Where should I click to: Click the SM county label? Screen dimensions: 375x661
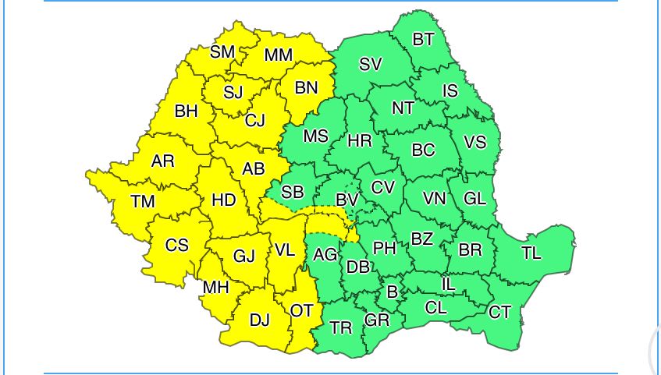pyautogui.click(x=222, y=52)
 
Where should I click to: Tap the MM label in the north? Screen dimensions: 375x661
pyautogui.click(x=279, y=55)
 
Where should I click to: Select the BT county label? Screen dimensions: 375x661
pyautogui.click(x=423, y=40)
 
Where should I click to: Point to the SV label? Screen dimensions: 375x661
pyautogui.click(x=371, y=65)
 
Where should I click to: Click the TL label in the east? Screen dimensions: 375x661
pyautogui.click(x=531, y=253)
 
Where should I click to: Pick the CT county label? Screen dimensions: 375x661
pyautogui.click(x=500, y=313)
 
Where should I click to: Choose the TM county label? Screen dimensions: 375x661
pyautogui.click(x=143, y=202)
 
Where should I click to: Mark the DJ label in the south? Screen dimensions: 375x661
pyautogui.click(x=259, y=319)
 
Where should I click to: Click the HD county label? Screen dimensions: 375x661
pyautogui.click(x=224, y=200)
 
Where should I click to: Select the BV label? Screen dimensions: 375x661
pyautogui.click(x=347, y=200)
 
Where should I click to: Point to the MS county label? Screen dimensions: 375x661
pyautogui.click(x=316, y=136)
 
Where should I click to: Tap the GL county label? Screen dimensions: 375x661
pyautogui.click(x=475, y=198)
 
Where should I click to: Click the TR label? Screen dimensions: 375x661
pyautogui.click(x=341, y=328)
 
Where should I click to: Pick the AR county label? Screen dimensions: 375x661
pyautogui.click(x=162, y=161)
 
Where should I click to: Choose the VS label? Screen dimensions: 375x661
pyautogui.click(x=474, y=143)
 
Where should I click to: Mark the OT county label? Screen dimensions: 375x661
pyautogui.click(x=301, y=311)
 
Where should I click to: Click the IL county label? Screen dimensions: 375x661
pyautogui.click(x=448, y=285)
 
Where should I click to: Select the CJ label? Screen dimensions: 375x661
pyautogui.click(x=255, y=121)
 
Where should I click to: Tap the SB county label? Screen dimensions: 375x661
pyautogui.click(x=293, y=192)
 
